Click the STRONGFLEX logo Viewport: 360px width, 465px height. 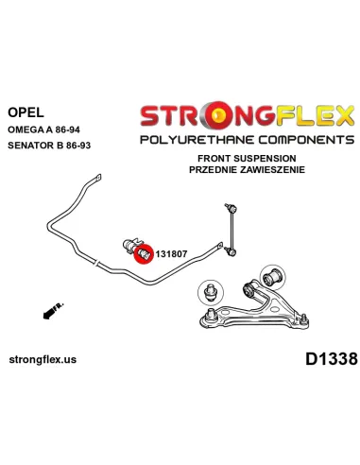tap(249, 116)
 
